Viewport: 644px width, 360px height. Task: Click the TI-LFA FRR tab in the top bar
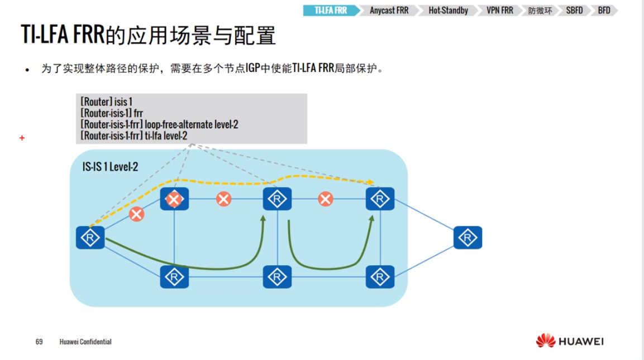click(x=331, y=11)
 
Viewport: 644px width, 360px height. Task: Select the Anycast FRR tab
click(x=389, y=11)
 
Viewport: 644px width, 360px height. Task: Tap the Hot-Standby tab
click(x=448, y=11)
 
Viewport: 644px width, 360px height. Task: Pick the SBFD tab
click(x=574, y=11)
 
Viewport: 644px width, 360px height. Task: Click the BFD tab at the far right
click(x=604, y=11)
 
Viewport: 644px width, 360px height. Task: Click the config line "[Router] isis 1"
click(x=107, y=102)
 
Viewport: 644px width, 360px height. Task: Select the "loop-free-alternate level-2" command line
click(x=159, y=124)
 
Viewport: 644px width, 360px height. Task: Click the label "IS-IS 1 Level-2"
click(x=110, y=166)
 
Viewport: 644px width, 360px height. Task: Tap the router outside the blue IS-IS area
click(x=468, y=238)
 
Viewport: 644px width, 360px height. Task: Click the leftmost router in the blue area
click(x=90, y=238)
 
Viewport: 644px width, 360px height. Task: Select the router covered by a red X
click(x=174, y=199)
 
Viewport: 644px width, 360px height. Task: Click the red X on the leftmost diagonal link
click(x=136, y=214)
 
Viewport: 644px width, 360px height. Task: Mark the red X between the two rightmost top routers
click(x=326, y=199)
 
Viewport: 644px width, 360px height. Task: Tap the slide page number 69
click(x=39, y=342)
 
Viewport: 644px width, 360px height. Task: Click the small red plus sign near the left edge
click(x=22, y=137)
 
